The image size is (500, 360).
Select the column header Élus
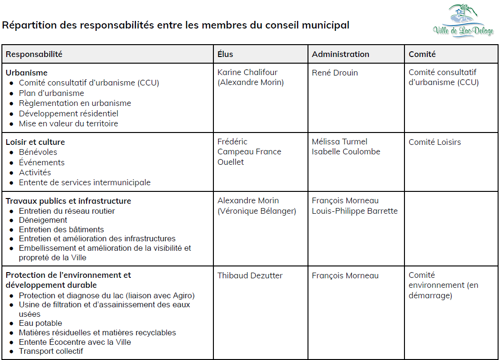coord(225,54)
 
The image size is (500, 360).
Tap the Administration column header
coord(340,54)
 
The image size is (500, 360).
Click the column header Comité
coord(422,54)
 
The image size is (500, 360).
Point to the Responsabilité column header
coord(34,54)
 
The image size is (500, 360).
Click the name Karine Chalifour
coord(247,72)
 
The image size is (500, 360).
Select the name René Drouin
coord(335,73)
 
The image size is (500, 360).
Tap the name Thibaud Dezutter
coord(250,275)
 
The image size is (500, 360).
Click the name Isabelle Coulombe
coord(346,152)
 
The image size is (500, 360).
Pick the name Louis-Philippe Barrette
coord(355,211)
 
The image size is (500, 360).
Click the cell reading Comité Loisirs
coord(434,142)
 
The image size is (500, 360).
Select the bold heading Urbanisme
coord(27,73)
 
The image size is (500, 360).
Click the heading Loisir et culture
coord(35,142)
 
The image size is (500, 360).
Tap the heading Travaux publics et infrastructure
coord(68,201)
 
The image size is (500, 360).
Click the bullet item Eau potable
coord(40,323)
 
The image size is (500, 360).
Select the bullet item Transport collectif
coord(51,351)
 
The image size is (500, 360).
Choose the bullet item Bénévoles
coord(38,152)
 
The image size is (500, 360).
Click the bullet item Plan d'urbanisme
coord(51,93)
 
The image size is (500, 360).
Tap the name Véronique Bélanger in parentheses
coord(257,211)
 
